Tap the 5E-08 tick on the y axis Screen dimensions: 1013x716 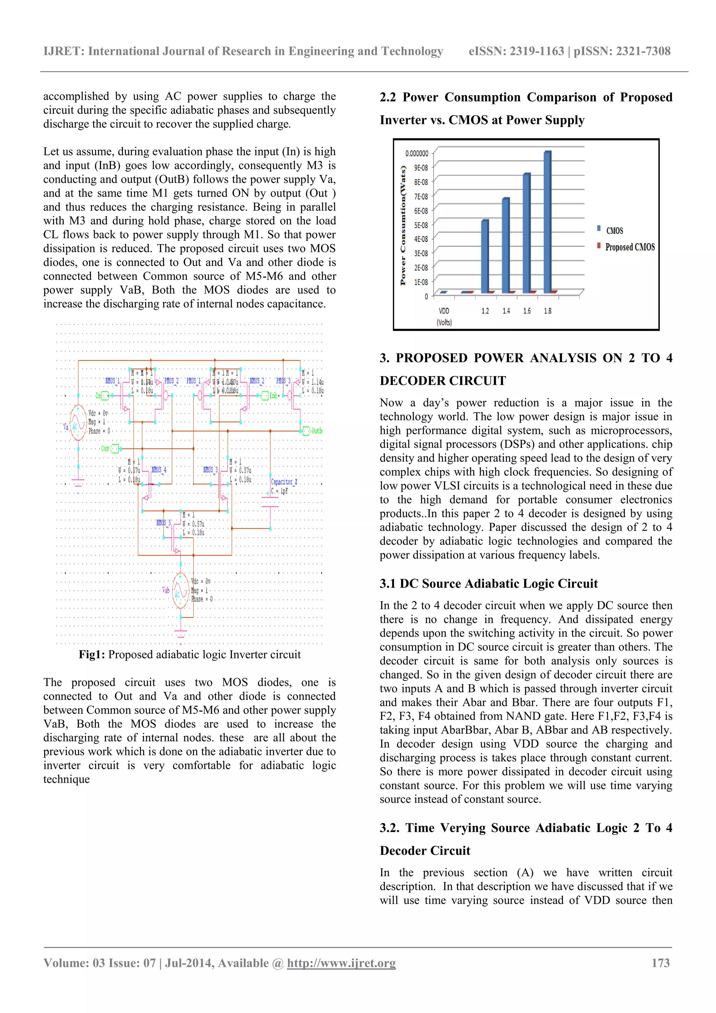(421, 225)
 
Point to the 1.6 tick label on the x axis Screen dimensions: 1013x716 (527, 311)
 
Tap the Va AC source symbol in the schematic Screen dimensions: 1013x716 (78, 422)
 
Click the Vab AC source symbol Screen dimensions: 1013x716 (180, 590)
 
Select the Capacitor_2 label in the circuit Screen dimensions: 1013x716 (284, 482)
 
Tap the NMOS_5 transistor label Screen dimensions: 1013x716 (164, 523)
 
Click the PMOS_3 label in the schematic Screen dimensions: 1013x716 (284, 381)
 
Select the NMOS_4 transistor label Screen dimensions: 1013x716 (159, 470)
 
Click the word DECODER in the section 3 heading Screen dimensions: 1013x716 (443, 381)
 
